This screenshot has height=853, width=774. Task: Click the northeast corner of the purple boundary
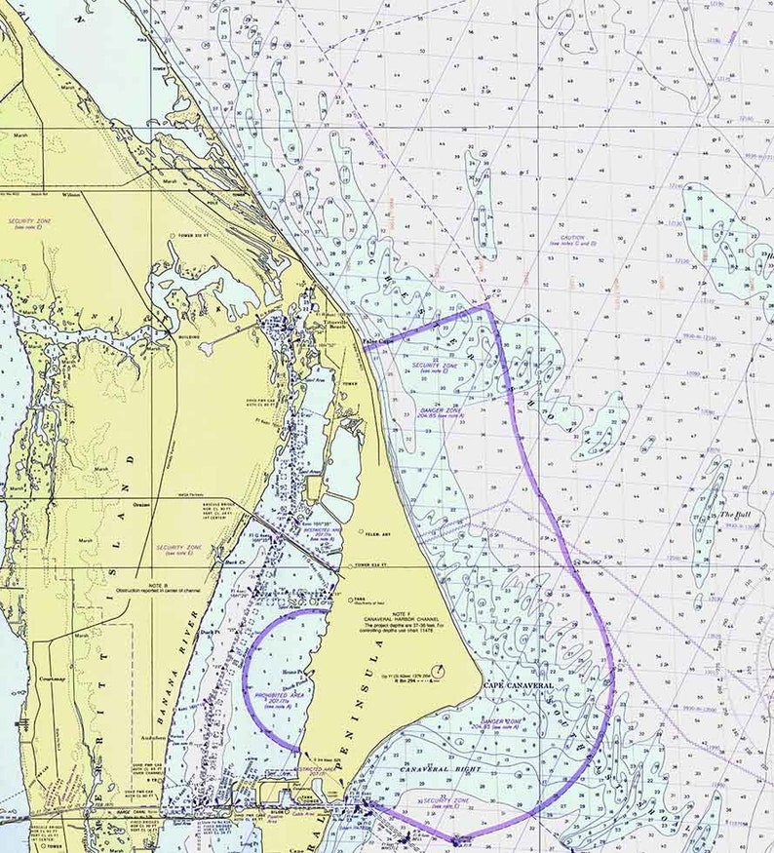(486, 305)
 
